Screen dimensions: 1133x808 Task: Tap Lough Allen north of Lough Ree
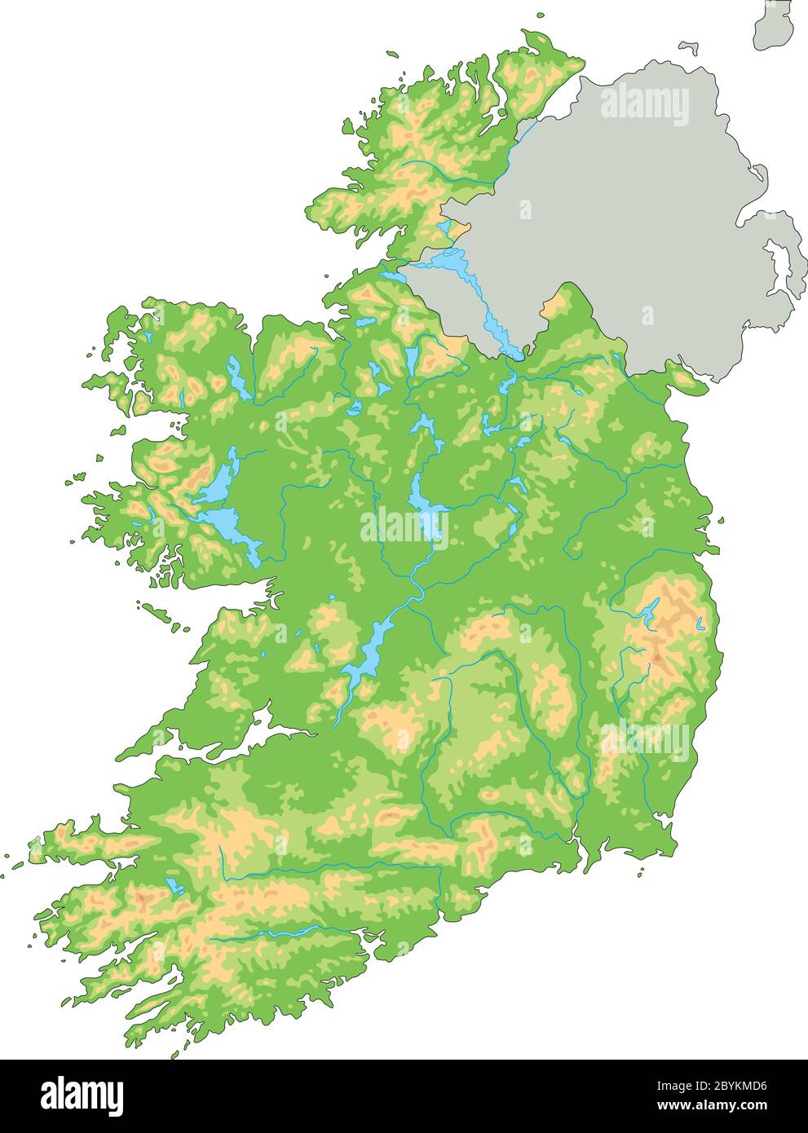413,358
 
